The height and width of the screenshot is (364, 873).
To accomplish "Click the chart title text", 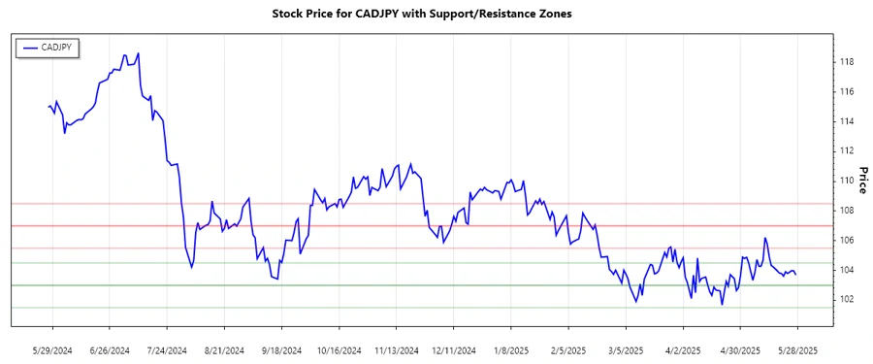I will click(436, 15).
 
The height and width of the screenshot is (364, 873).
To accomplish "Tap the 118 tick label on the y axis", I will click(846, 62).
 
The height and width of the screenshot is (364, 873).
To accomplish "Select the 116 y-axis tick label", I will click(846, 92).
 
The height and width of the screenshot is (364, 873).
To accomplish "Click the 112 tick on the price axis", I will click(846, 150).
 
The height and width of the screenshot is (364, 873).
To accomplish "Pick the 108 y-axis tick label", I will click(846, 210).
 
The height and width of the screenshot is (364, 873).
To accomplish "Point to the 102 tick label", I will click(846, 299).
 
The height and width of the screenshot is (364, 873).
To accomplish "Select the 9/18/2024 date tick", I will click(281, 349).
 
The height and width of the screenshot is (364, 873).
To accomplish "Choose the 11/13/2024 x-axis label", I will click(396, 349).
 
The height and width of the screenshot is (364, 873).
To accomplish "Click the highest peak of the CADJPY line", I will click(139, 53).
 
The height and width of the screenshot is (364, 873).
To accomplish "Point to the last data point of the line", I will click(796, 275).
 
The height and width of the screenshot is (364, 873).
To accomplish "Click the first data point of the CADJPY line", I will click(48, 107).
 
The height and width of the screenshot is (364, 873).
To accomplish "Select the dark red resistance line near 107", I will click(436, 225).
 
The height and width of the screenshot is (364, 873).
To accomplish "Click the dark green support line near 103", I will click(436, 285).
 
